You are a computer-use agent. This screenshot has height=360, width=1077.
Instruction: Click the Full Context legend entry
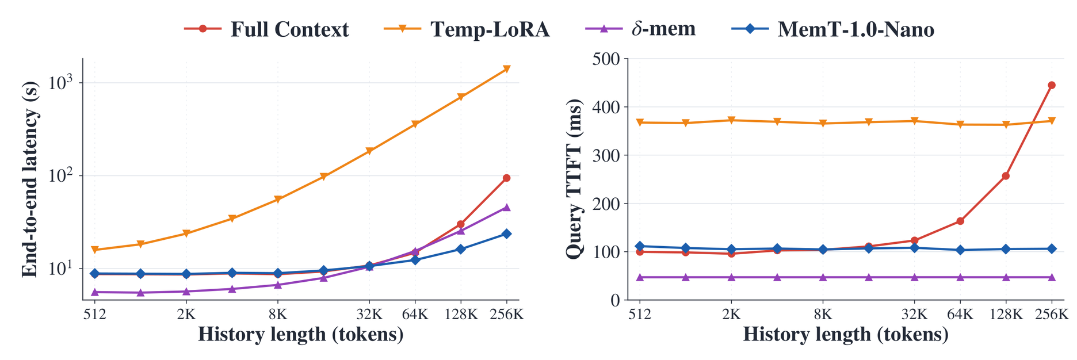(x=266, y=29)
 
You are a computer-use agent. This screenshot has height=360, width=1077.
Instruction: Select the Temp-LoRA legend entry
(x=467, y=29)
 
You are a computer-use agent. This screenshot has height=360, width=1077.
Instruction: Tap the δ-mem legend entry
(x=640, y=29)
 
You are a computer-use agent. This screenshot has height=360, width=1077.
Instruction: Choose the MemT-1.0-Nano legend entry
(x=832, y=29)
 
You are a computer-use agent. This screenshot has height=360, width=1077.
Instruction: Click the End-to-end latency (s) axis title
(x=30, y=179)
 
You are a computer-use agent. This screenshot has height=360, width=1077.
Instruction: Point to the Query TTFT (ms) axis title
(x=574, y=179)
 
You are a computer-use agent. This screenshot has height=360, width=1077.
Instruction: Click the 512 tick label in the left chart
(x=95, y=314)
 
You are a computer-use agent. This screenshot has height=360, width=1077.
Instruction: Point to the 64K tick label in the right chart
(x=960, y=314)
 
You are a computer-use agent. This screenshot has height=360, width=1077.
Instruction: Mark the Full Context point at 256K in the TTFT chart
(x=1052, y=85)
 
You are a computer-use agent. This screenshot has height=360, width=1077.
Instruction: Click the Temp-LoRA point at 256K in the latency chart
(x=507, y=69)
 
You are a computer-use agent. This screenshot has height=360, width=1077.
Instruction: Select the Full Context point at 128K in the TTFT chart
(x=1006, y=176)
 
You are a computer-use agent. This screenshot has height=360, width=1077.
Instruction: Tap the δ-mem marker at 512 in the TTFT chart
(x=640, y=277)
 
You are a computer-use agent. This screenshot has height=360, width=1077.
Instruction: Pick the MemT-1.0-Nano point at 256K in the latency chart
(x=507, y=233)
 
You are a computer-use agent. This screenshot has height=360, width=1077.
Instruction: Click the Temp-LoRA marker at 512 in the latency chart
(x=95, y=250)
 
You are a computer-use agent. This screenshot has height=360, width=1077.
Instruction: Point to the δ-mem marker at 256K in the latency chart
(x=507, y=207)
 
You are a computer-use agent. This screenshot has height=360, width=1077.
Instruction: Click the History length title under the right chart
(x=846, y=335)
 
